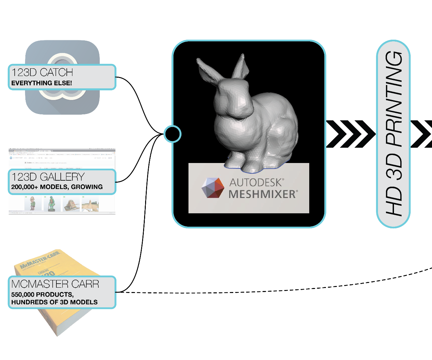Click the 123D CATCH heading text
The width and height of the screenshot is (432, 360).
click(42, 72)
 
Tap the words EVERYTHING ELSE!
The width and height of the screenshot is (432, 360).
click(42, 83)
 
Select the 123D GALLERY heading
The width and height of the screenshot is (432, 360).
click(48, 177)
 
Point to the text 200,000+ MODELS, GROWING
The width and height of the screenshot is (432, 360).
click(57, 187)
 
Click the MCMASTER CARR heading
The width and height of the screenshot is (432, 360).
click(55, 284)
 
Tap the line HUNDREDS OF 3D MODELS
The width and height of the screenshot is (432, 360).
click(54, 302)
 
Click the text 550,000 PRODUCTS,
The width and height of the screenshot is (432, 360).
click(42, 295)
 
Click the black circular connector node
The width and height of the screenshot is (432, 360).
click(172, 134)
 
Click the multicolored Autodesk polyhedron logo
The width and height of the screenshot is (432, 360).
click(213, 188)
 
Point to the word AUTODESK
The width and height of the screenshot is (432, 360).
click(256, 182)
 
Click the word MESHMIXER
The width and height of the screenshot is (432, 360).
click(262, 194)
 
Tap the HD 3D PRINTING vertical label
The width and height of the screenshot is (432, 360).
click(394, 133)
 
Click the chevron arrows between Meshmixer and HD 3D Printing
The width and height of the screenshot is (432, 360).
click(350, 134)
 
